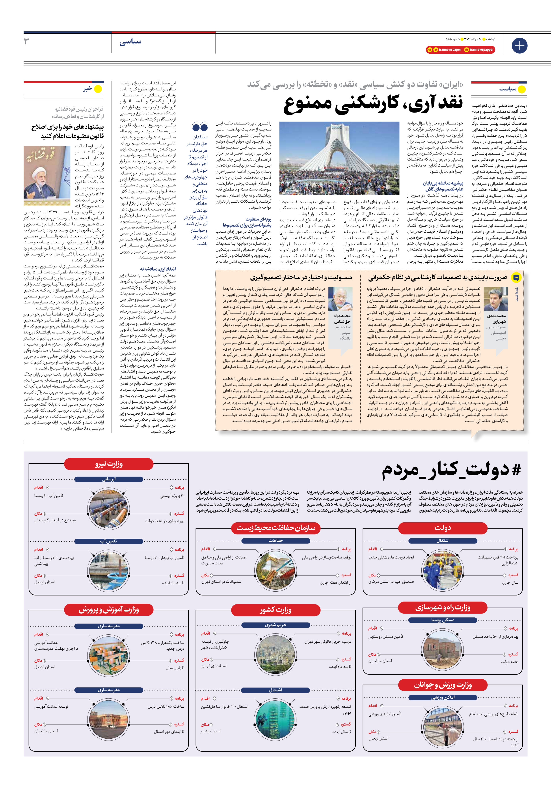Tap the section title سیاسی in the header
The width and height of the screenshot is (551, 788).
tap(130, 42)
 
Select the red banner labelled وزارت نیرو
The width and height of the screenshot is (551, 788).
tap(109, 464)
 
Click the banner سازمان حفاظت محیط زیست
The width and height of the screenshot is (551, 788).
tap(276, 528)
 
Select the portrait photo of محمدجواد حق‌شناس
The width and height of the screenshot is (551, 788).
tap(340, 299)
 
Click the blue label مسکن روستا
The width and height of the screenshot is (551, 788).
tap(443, 620)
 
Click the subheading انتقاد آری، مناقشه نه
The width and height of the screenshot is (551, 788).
tap(158, 269)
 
